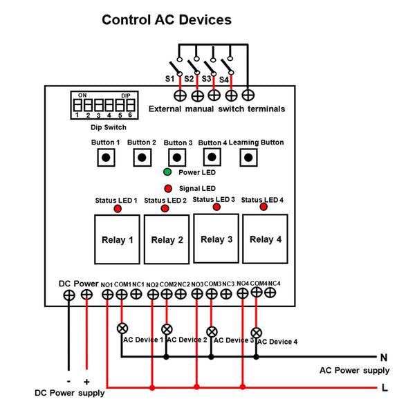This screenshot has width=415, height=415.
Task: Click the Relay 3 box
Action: click(216, 239)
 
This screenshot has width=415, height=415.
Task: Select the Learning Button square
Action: click(248, 158)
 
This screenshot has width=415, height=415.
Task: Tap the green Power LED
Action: click(167, 172)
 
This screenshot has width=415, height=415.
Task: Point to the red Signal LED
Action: click(168, 188)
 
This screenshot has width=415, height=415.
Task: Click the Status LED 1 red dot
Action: click(118, 209)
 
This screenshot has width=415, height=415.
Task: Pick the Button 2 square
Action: click(142, 158)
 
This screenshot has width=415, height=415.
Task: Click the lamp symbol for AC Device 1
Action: click(122, 329)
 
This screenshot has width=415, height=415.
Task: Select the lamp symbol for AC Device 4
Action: click(256, 333)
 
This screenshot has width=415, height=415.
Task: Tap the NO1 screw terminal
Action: click(107, 295)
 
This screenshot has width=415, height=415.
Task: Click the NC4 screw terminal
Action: click(270, 293)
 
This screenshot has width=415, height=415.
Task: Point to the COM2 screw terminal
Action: click(167, 294)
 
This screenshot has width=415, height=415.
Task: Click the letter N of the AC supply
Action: click(383, 358)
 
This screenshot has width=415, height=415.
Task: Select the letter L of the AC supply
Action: click(385, 388)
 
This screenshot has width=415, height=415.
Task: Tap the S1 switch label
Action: click(169, 79)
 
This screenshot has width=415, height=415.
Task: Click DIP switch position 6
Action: click(131, 105)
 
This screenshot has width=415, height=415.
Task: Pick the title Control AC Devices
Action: click(167, 20)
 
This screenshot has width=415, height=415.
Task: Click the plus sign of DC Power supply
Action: click(86, 382)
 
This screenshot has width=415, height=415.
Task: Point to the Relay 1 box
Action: click(117, 239)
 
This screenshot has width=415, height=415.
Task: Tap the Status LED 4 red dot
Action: click(264, 207)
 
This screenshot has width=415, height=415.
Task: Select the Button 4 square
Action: click(212, 157)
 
